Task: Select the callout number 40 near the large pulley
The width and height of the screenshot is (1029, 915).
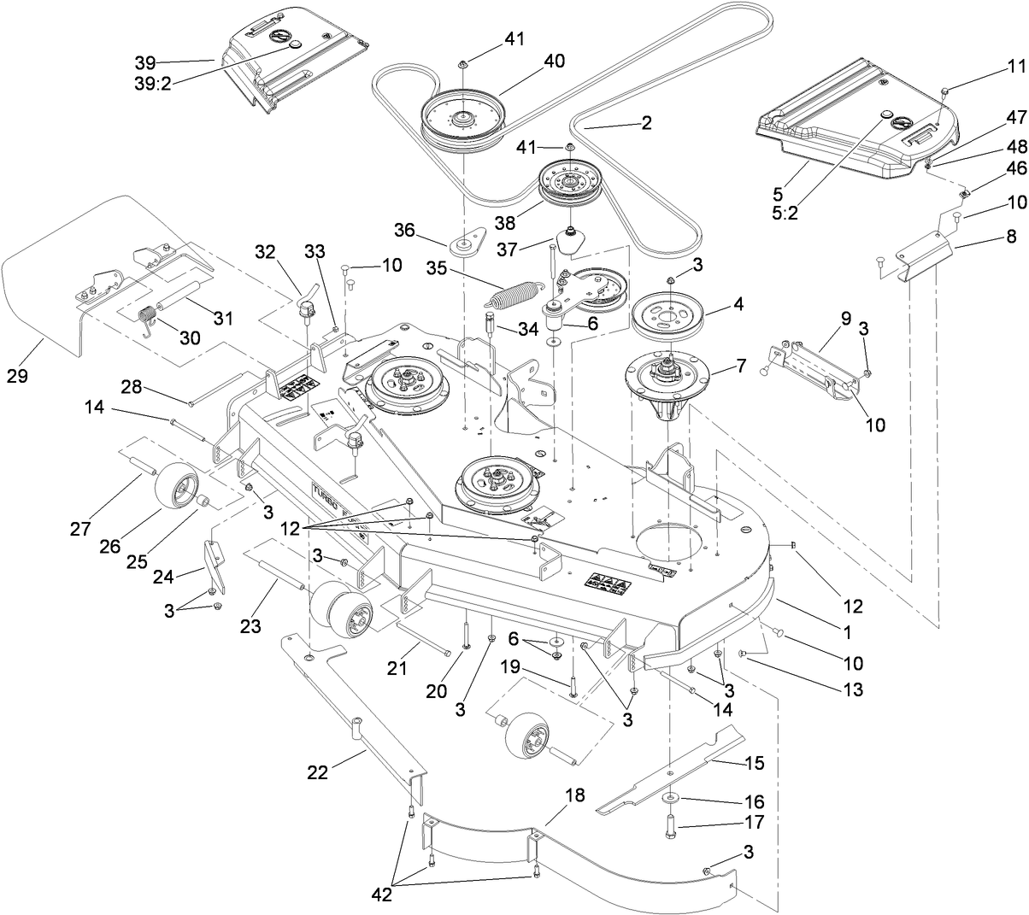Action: pyautogui.click(x=554, y=62)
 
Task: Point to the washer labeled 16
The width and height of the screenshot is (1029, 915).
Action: pyautogui.click(x=668, y=798)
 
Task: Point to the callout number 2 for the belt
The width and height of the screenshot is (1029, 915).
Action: pyautogui.click(x=645, y=123)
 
